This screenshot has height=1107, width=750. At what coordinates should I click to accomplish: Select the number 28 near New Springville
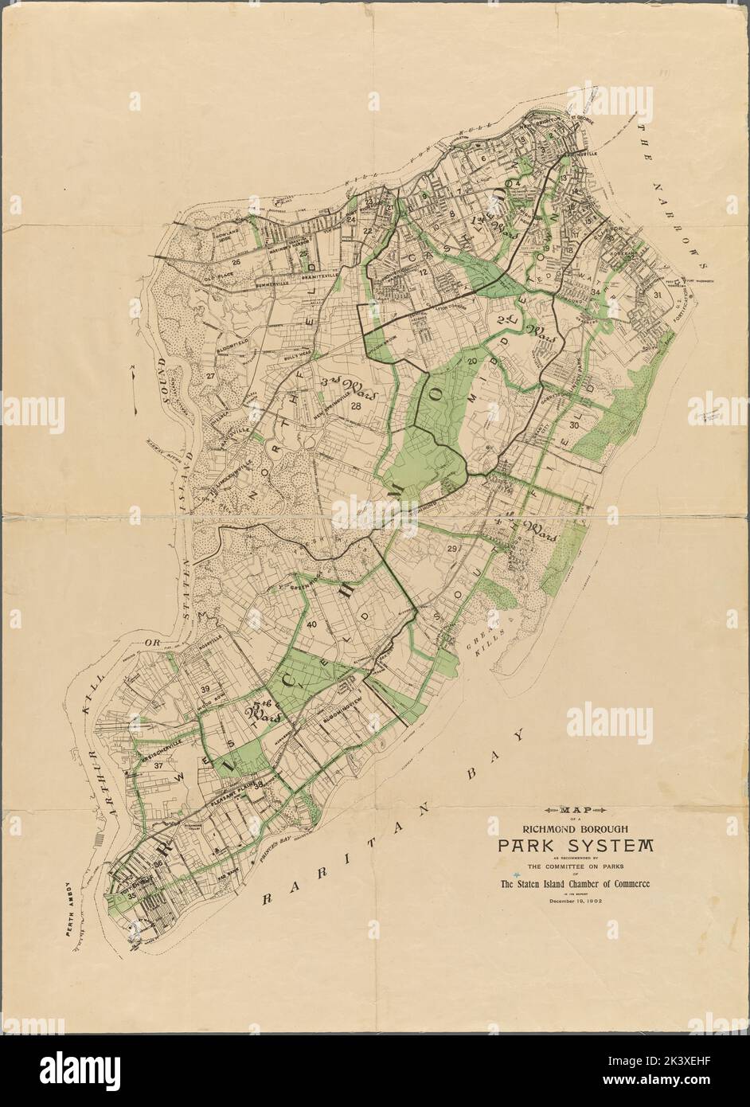(356, 407)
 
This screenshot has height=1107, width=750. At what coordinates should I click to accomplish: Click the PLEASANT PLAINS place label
(232, 806)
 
